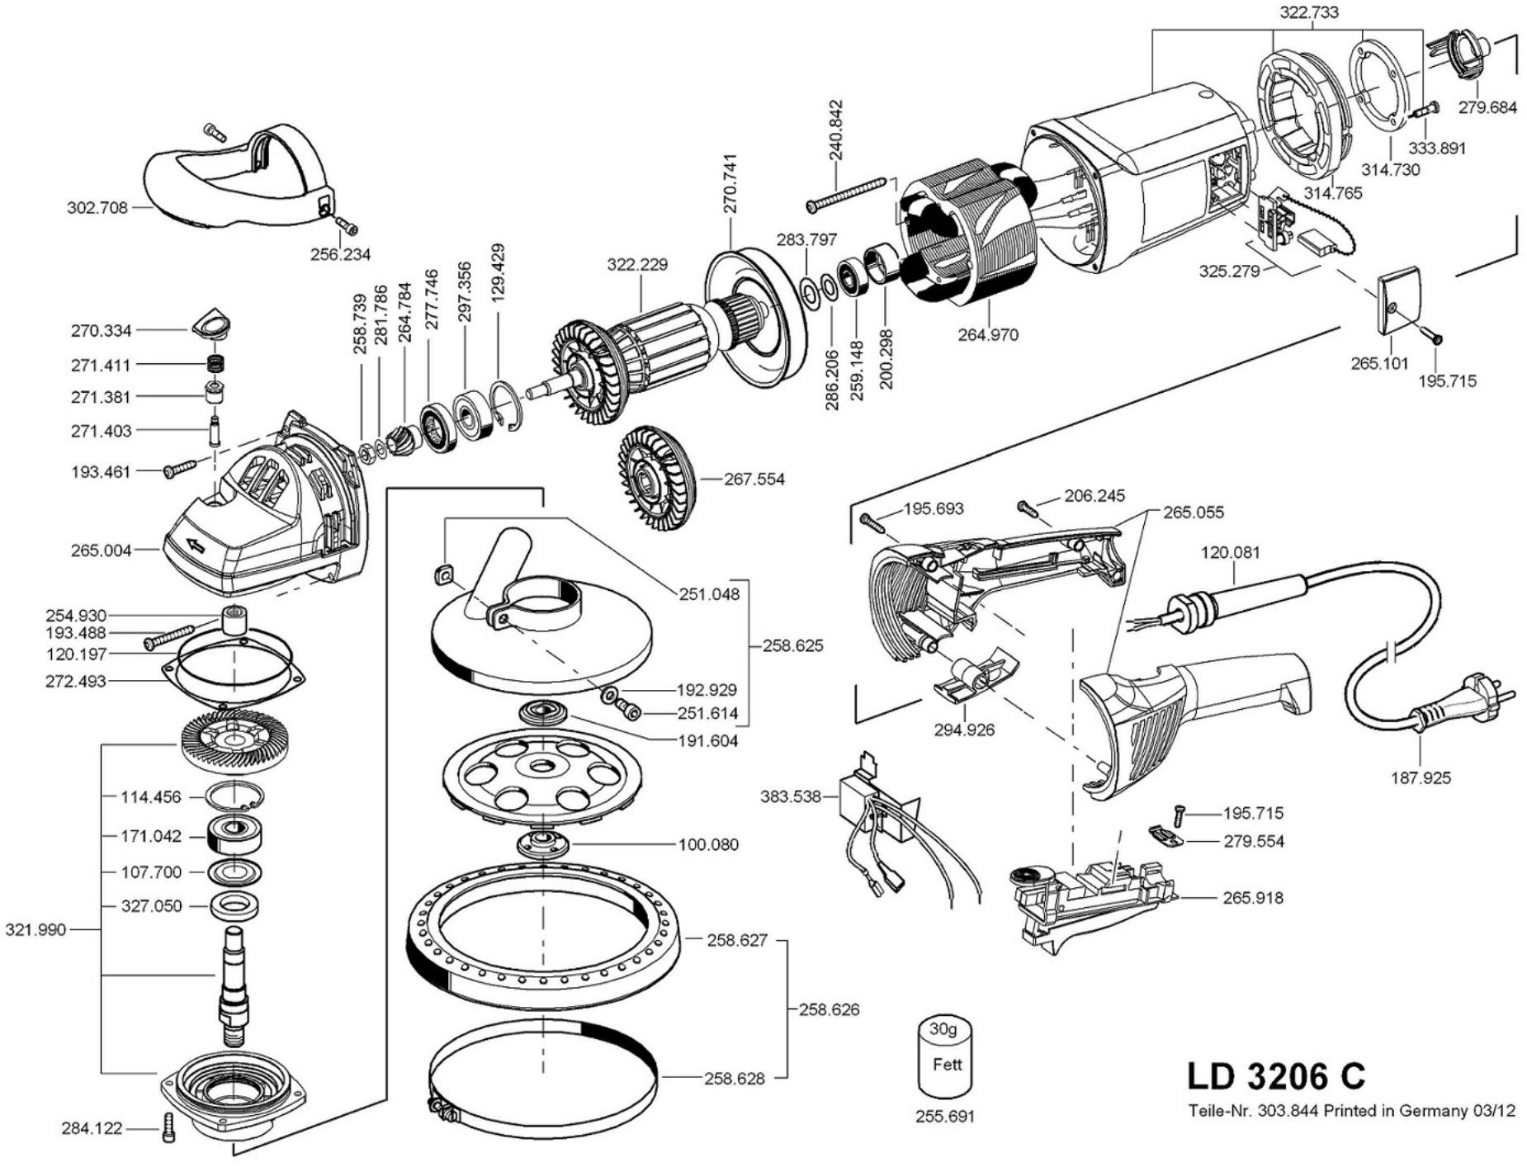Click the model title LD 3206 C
1276,1075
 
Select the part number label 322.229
637,265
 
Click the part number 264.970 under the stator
988,335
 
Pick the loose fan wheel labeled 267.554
657,479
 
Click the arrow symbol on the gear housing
195,545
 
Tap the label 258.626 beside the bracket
829,1009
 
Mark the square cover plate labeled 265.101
1398,301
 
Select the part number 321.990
35,930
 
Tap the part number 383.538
790,796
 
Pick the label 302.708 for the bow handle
97,208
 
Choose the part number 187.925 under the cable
1420,777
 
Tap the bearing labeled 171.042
237,835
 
